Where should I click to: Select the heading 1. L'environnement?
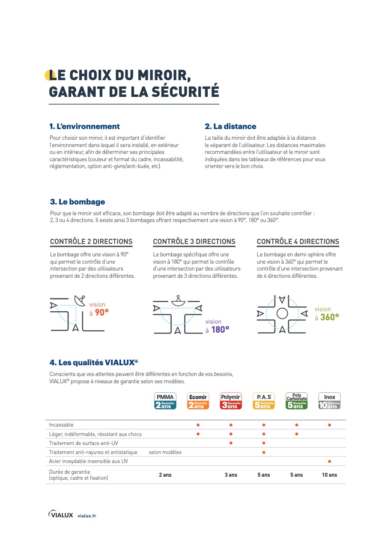85,126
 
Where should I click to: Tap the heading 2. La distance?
230,126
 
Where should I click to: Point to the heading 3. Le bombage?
78,202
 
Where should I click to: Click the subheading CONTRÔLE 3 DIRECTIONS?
194,242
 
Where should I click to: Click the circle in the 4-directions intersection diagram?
282,313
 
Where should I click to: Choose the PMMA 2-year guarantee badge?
165,401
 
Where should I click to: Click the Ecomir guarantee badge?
198,401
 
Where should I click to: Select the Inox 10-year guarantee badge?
329,401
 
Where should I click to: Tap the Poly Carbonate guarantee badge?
296,401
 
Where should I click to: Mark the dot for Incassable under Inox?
329,425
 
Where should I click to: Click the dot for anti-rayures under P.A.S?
264,452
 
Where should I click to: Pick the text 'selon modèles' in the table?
165,452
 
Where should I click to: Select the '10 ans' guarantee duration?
329,475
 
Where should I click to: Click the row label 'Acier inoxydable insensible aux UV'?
88,461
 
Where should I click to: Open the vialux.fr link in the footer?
87,516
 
